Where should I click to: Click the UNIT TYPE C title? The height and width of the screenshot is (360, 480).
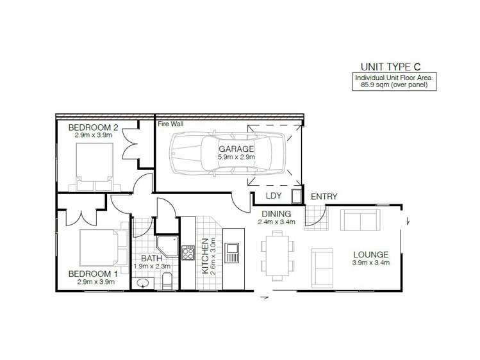(392, 66)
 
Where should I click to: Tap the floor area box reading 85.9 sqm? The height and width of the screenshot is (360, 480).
(395, 81)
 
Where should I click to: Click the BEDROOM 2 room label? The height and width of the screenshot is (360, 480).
(93, 127)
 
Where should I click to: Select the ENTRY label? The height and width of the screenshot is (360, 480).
(324, 197)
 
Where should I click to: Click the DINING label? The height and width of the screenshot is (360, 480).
(276, 214)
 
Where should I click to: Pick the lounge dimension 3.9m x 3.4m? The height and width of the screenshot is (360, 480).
(371, 263)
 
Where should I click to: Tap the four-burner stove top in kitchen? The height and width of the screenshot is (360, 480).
(188, 253)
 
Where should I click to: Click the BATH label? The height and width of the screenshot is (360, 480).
(151, 259)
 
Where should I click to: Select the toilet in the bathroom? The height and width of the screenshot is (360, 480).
(167, 279)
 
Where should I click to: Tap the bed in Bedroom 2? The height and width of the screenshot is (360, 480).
(95, 167)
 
